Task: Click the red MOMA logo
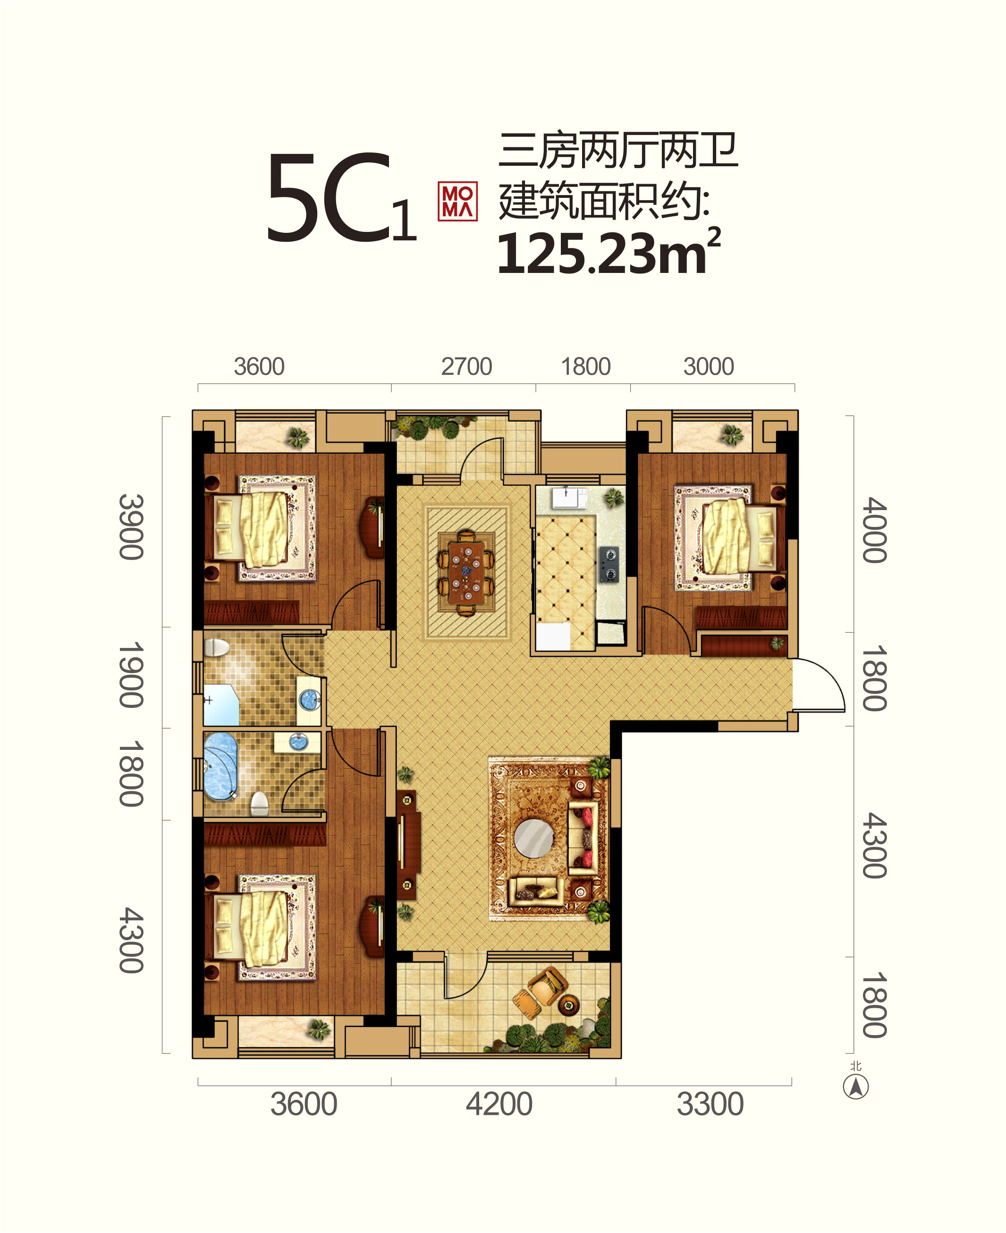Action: [457, 202]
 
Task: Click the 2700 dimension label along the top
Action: [466, 366]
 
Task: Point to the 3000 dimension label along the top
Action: [709, 366]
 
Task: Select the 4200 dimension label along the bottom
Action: [499, 1104]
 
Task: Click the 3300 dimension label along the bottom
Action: [710, 1104]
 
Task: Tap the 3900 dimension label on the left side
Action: [131, 527]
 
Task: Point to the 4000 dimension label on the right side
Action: [874, 530]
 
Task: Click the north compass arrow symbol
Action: [855, 1086]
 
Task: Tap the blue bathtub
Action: [220, 766]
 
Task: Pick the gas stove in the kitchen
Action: [609, 564]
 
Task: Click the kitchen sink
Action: [568, 498]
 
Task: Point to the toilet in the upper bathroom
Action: [217, 647]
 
